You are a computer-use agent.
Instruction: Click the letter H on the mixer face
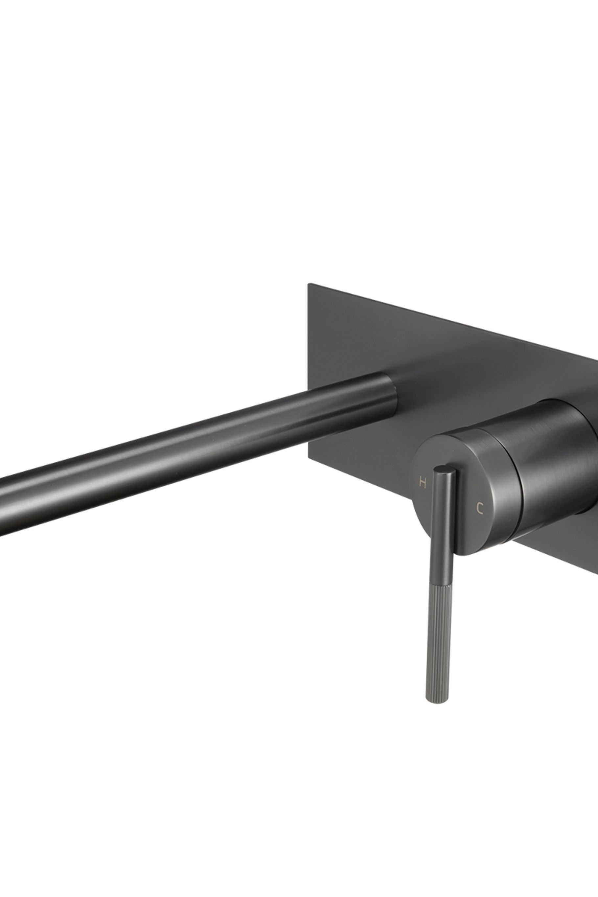click(422, 483)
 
